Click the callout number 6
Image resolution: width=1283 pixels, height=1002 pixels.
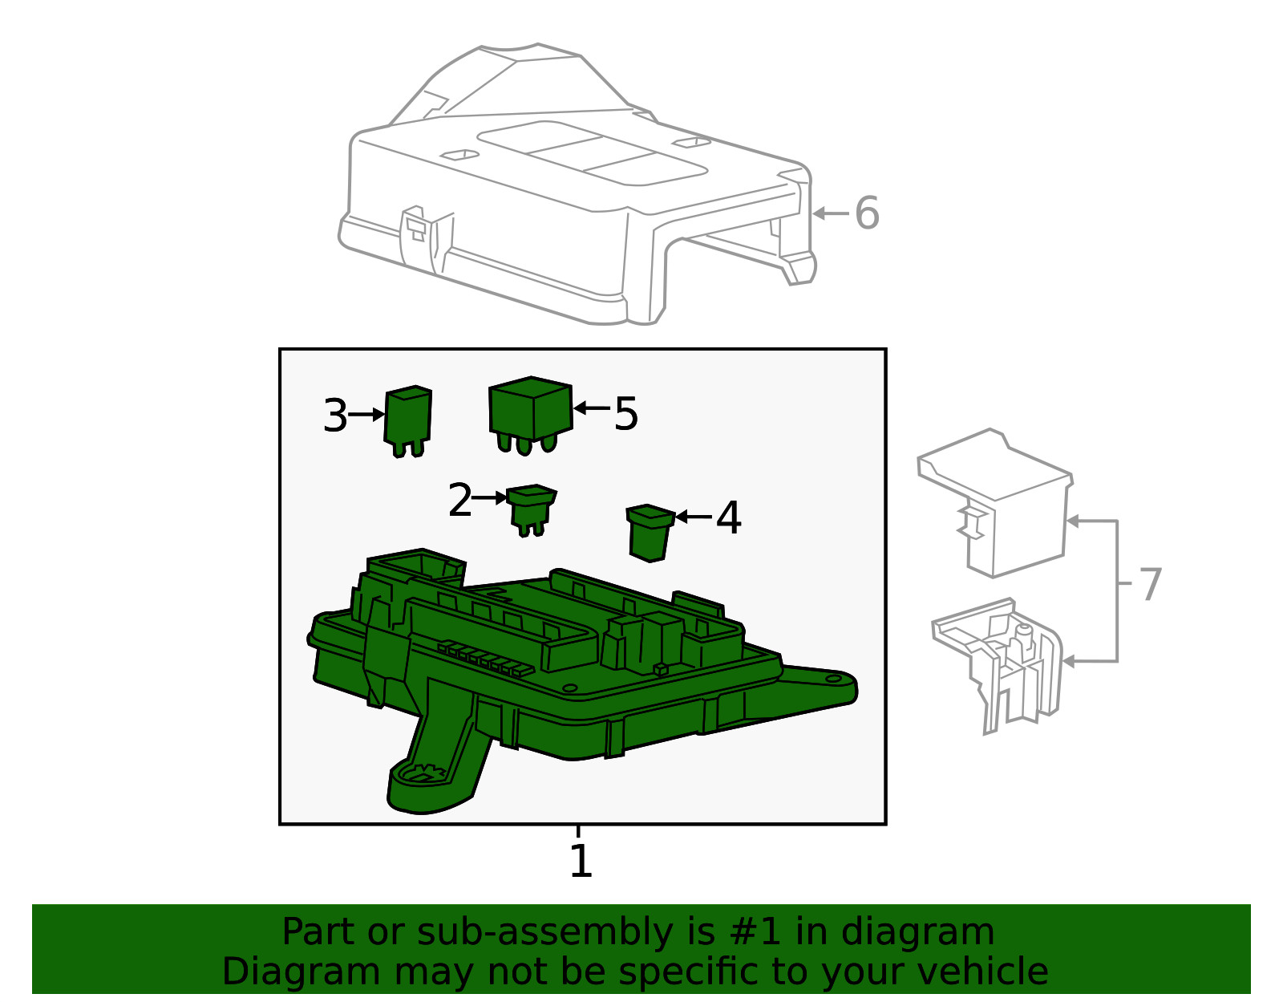867,213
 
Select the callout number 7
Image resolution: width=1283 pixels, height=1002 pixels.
1150,584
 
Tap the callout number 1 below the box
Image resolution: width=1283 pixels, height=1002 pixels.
581,862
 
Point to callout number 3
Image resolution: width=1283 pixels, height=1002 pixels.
335,416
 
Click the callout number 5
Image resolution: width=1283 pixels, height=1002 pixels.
626,414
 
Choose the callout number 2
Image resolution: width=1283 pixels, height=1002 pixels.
460,501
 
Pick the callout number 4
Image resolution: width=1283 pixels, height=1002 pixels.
728,518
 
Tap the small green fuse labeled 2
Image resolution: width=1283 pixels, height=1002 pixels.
531,508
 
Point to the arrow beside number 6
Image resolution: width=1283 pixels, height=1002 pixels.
831,213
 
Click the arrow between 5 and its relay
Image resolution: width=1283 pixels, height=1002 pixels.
592,408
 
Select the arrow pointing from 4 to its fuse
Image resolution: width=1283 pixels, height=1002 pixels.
694,517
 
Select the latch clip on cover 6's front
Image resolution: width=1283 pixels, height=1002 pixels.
415,227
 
